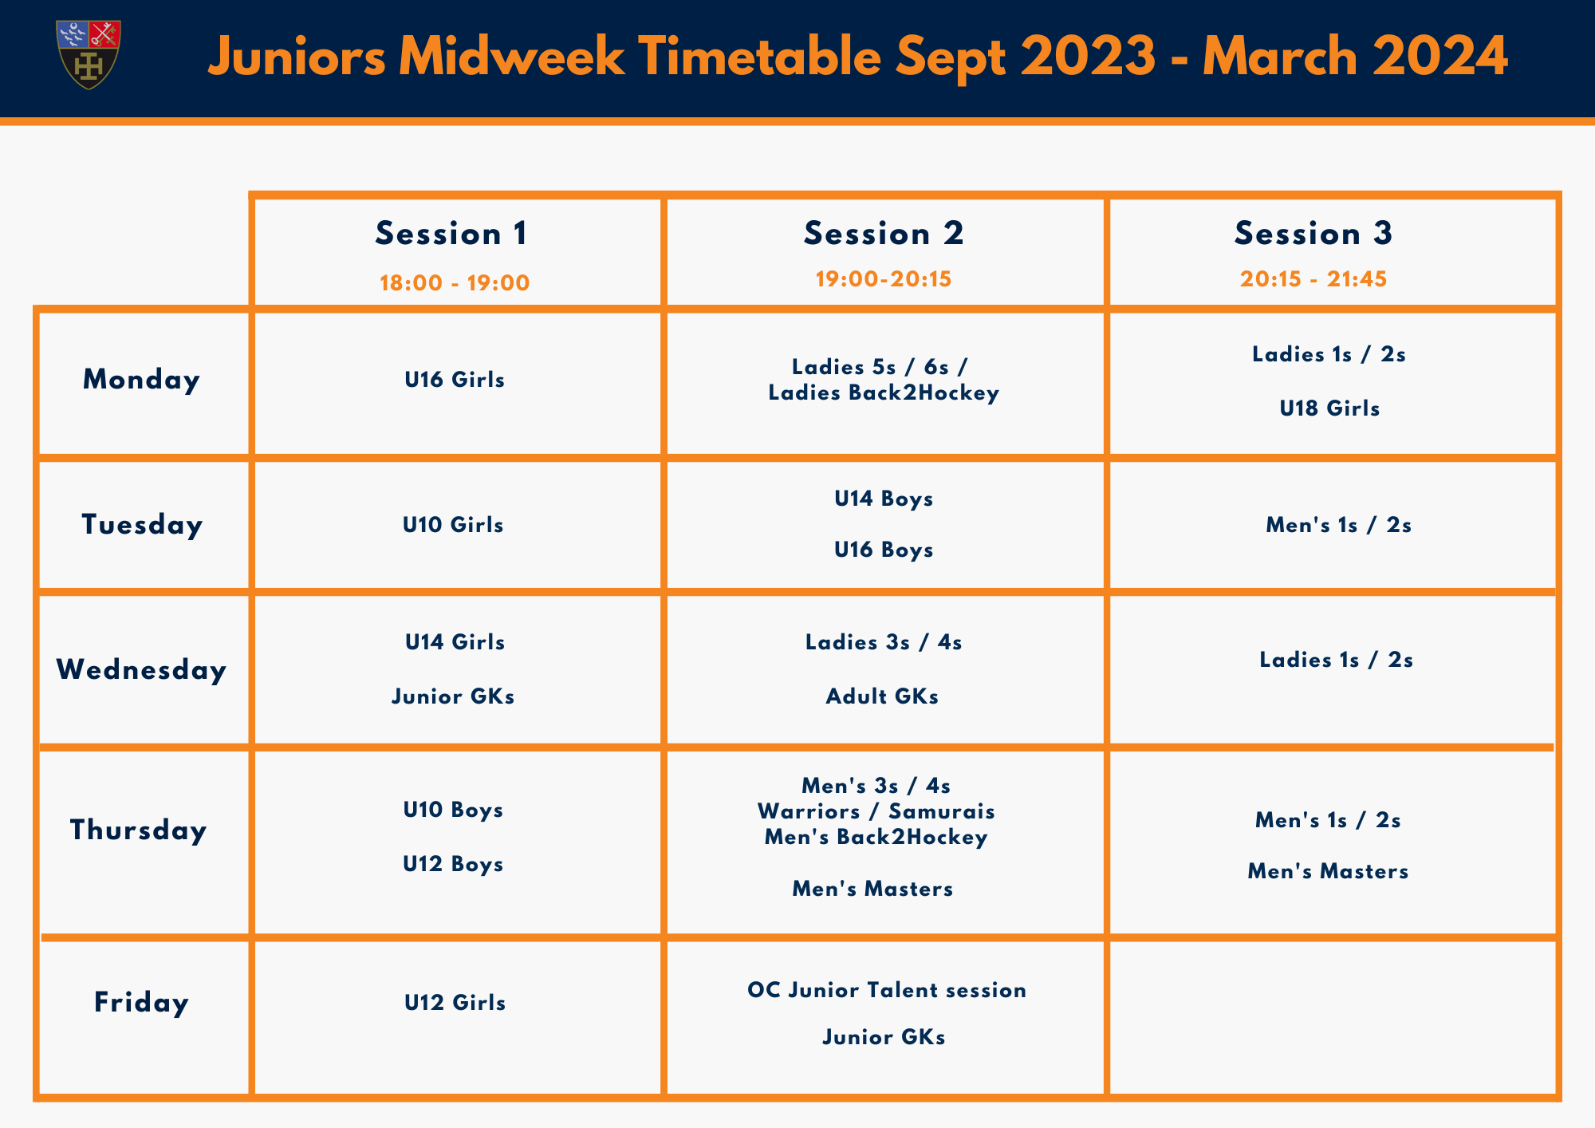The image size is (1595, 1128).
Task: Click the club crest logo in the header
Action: [89, 54]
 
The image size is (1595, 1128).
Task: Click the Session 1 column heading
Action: [451, 234]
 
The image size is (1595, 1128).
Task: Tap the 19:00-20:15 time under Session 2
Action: [884, 279]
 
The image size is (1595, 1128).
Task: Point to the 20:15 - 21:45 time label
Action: [1313, 279]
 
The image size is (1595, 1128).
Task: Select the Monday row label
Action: [141, 380]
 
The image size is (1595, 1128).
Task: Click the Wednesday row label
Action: [141, 670]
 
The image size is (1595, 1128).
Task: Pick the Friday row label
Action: [141, 1003]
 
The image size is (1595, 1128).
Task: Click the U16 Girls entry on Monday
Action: [455, 380]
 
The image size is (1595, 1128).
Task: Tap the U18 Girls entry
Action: [1329, 408]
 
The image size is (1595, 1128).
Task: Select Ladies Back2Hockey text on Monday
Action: [884, 393]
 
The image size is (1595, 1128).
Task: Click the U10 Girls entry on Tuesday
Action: [453, 525]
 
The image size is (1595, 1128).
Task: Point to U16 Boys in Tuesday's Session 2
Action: [884, 550]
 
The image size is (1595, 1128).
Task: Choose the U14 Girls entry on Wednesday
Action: [455, 642]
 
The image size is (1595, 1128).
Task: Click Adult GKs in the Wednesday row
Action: [882, 696]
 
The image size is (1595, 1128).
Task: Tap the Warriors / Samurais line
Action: [876, 811]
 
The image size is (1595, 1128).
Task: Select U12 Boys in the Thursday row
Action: [453, 864]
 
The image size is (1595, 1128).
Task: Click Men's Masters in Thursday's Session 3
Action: [1328, 871]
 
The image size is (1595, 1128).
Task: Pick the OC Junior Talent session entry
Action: [887, 990]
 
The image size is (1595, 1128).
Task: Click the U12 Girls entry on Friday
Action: [455, 1003]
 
